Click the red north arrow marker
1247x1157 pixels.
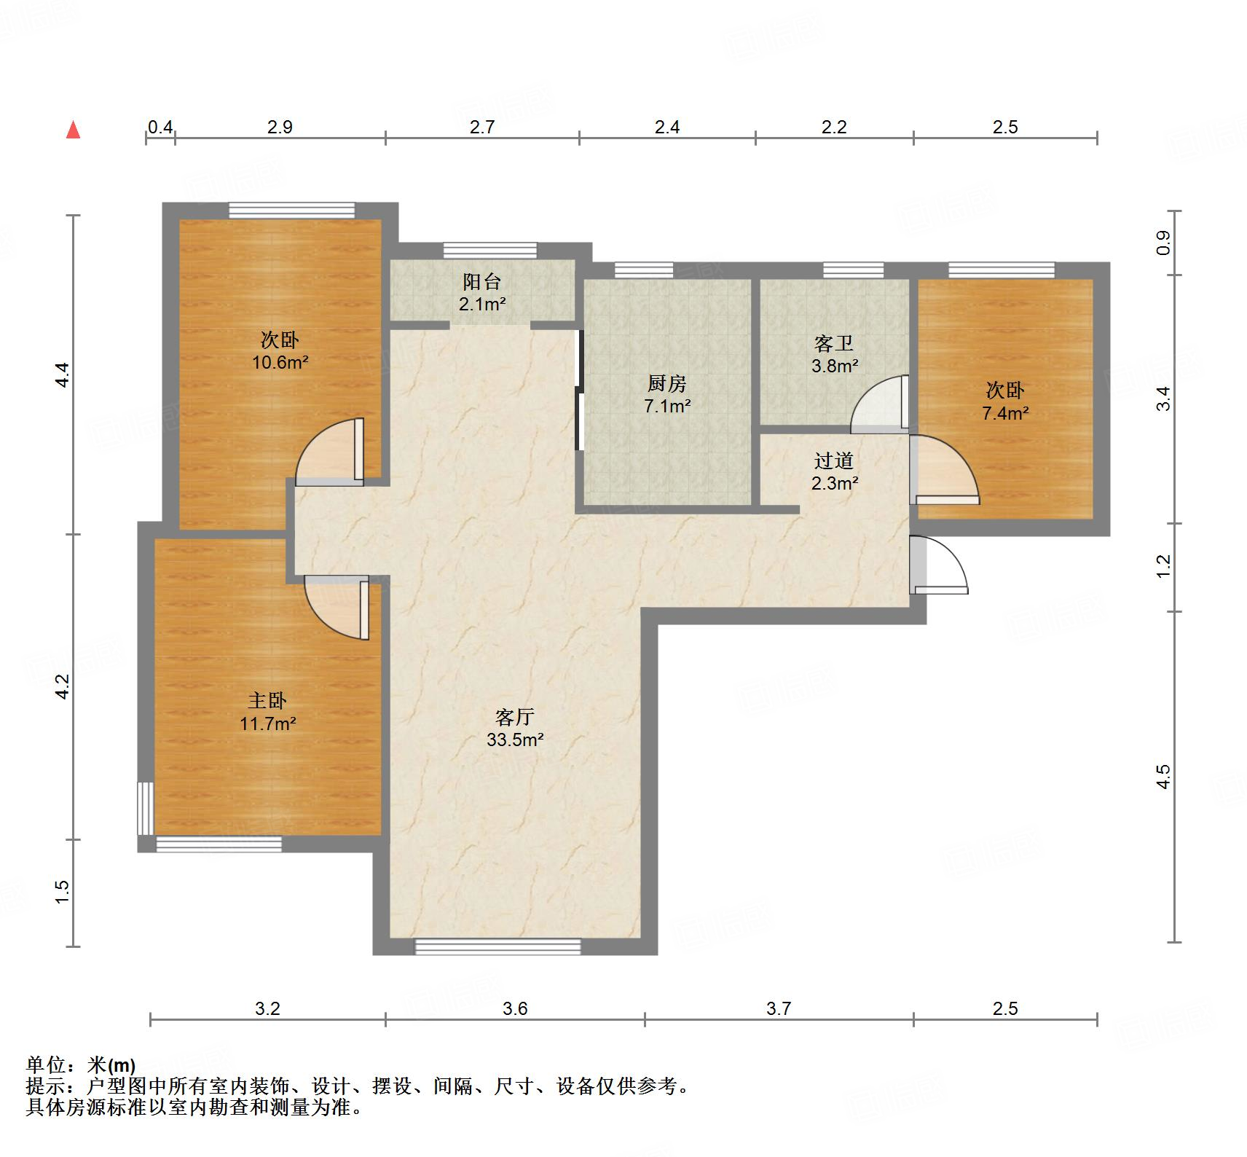tap(73, 130)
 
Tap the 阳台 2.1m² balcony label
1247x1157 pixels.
tap(481, 293)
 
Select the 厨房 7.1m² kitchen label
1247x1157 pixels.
tap(666, 394)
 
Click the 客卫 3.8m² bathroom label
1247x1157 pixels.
tap(834, 354)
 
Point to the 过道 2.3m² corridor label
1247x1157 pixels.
tap(834, 471)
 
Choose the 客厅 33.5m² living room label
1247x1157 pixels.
tap(515, 728)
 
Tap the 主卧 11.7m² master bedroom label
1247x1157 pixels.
tap(267, 712)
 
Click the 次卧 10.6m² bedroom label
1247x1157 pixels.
tap(280, 350)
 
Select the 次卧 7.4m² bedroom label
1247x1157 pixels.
tap(1005, 401)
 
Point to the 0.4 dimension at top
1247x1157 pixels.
tap(160, 128)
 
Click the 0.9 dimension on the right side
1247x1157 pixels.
tap(1163, 242)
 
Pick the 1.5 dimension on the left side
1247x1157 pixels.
tap(63, 892)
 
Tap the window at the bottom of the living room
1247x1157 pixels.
tap(497, 946)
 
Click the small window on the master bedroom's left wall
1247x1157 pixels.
tap(146, 808)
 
